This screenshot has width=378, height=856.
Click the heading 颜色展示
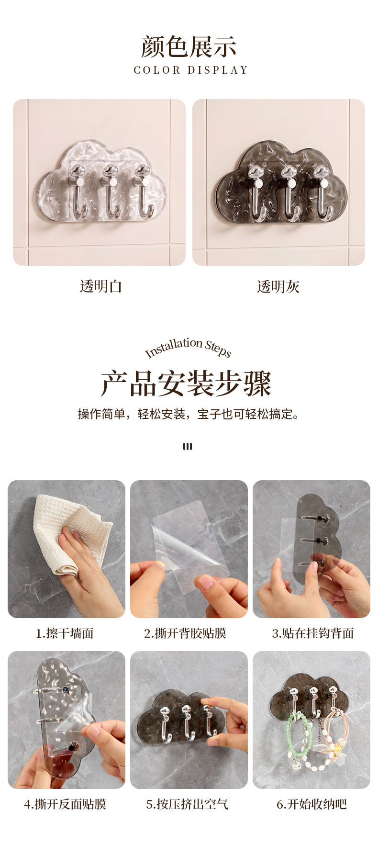(x=189, y=46)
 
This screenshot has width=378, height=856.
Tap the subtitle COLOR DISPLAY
(x=191, y=70)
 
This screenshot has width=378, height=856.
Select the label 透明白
(x=101, y=286)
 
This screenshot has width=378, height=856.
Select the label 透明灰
(x=278, y=286)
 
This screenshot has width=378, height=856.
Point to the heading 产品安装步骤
(x=186, y=383)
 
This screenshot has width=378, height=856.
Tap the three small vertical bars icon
(x=188, y=446)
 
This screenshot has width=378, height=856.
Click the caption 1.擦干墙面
(x=65, y=633)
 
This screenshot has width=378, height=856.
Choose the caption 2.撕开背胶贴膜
(x=185, y=633)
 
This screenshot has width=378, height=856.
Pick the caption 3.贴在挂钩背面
(x=313, y=633)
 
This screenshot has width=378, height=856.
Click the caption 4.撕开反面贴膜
(x=65, y=804)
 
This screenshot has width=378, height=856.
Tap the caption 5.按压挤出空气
(x=188, y=804)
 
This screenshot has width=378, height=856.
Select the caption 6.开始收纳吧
(x=311, y=804)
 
